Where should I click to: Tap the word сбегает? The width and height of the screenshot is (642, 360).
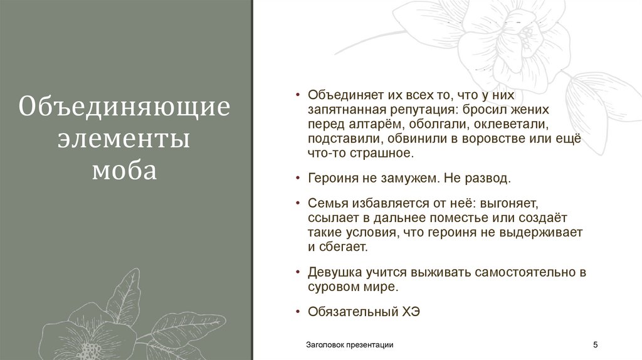(x=342, y=247)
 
